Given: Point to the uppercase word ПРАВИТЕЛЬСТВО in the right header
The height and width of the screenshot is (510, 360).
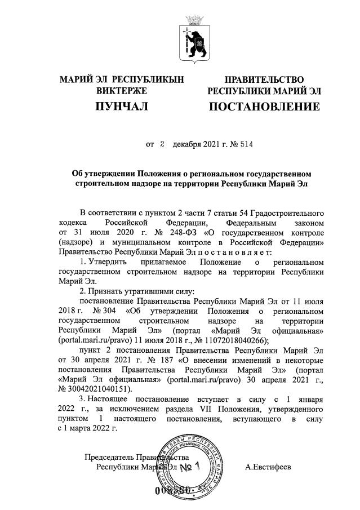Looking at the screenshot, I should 264,79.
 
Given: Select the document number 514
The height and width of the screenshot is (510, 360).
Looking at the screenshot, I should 246,144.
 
